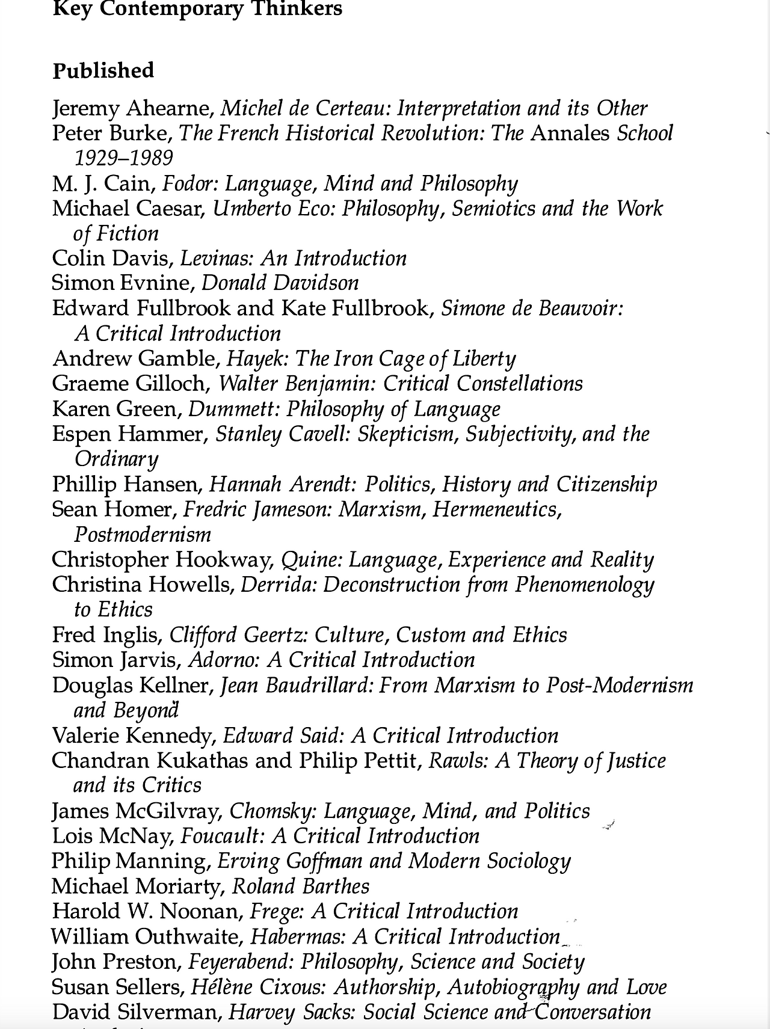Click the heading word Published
[x=103, y=71]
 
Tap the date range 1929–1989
[x=123, y=158]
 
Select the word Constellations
[x=520, y=384]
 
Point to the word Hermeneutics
[x=496, y=510]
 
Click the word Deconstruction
[x=391, y=585]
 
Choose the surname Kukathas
[x=203, y=761]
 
